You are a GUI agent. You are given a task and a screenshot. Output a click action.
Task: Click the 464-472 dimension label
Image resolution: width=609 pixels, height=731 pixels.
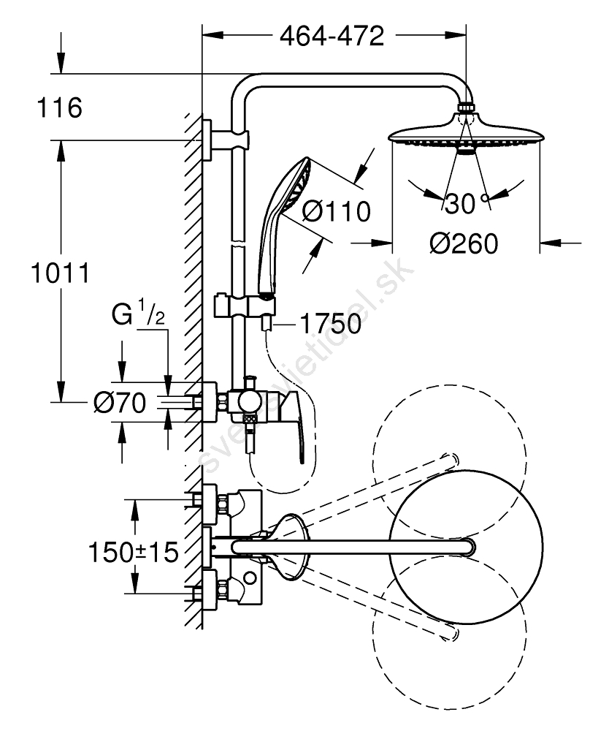pyautogui.click(x=332, y=36)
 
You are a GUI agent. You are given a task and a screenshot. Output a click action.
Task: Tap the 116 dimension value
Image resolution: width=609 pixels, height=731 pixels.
pyautogui.click(x=59, y=107)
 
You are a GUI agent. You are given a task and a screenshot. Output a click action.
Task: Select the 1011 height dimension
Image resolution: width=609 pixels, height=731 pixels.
pyautogui.click(x=60, y=273)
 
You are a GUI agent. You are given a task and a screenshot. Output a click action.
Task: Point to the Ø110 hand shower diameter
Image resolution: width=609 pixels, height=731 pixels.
pyautogui.click(x=336, y=212)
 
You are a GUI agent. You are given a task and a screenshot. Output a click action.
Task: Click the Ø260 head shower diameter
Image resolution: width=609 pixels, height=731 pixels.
pyautogui.click(x=464, y=244)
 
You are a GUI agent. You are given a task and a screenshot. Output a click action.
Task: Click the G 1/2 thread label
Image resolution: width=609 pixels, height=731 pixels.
pyautogui.click(x=138, y=314)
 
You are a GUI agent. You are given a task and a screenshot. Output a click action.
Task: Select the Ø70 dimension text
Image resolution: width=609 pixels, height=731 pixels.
pyautogui.click(x=120, y=403)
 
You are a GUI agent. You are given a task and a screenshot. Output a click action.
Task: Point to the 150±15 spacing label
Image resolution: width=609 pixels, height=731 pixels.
pyautogui.click(x=134, y=553)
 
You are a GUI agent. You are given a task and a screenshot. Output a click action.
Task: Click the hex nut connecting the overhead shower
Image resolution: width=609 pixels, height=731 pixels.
pyautogui.click(x=466, y=107)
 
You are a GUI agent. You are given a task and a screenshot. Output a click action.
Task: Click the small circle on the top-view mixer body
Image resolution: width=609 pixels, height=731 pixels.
pyautogui.click(x=250, y=578)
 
